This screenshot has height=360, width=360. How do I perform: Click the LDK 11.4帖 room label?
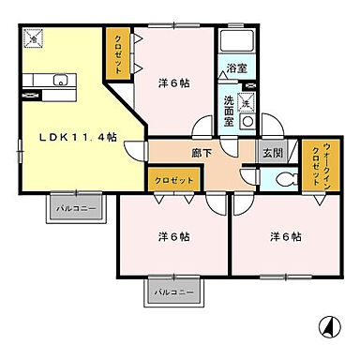78,138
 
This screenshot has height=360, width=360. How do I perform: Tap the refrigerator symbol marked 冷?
33,38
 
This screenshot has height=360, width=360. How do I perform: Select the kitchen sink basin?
60,81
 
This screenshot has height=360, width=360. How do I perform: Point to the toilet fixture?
287,180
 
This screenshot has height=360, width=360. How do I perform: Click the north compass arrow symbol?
330,327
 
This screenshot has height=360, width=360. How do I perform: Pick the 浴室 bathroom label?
236,67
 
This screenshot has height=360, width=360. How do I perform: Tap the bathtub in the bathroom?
236,40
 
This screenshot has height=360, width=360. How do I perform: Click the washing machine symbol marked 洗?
246,102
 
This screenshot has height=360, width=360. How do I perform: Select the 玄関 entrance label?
273,153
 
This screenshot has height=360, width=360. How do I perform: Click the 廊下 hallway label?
202,153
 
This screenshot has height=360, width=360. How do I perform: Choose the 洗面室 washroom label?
229,111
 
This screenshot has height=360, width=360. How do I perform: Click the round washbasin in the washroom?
248,122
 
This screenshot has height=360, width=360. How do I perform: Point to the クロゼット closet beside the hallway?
174,180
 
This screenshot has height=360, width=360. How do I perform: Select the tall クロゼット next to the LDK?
117,53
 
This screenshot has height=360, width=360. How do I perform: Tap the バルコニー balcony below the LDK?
76,208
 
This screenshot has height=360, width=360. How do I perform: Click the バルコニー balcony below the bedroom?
174,292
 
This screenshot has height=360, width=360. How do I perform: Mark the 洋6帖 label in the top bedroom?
174,83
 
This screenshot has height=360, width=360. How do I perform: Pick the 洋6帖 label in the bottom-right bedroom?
285,236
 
